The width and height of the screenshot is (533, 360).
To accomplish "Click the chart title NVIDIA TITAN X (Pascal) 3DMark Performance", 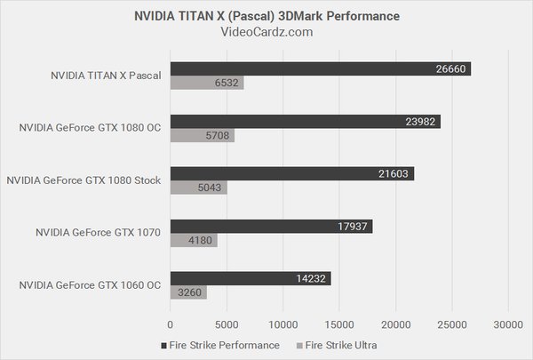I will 266,16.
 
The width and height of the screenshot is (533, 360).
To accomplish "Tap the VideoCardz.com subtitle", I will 266,33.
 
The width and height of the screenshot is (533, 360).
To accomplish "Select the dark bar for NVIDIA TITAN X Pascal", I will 320,68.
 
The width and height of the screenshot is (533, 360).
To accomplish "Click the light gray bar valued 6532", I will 207,83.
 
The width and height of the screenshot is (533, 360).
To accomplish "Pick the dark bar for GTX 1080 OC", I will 305,121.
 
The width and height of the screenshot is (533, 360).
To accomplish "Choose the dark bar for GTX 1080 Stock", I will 291,173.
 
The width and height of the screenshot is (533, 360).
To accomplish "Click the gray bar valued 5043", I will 198,188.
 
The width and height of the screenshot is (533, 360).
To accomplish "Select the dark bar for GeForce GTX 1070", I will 271,226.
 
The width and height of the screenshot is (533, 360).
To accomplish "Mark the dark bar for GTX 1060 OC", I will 251,278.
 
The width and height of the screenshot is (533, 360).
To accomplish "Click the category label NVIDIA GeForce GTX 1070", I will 98,233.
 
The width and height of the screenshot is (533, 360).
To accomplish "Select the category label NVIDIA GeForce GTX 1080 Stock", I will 83,180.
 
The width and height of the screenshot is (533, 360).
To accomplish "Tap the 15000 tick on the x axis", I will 339,324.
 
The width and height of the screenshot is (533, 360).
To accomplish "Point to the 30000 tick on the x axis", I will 508,324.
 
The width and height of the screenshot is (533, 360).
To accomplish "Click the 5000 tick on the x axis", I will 227,324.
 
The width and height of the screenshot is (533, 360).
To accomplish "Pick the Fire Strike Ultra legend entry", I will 346,345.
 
